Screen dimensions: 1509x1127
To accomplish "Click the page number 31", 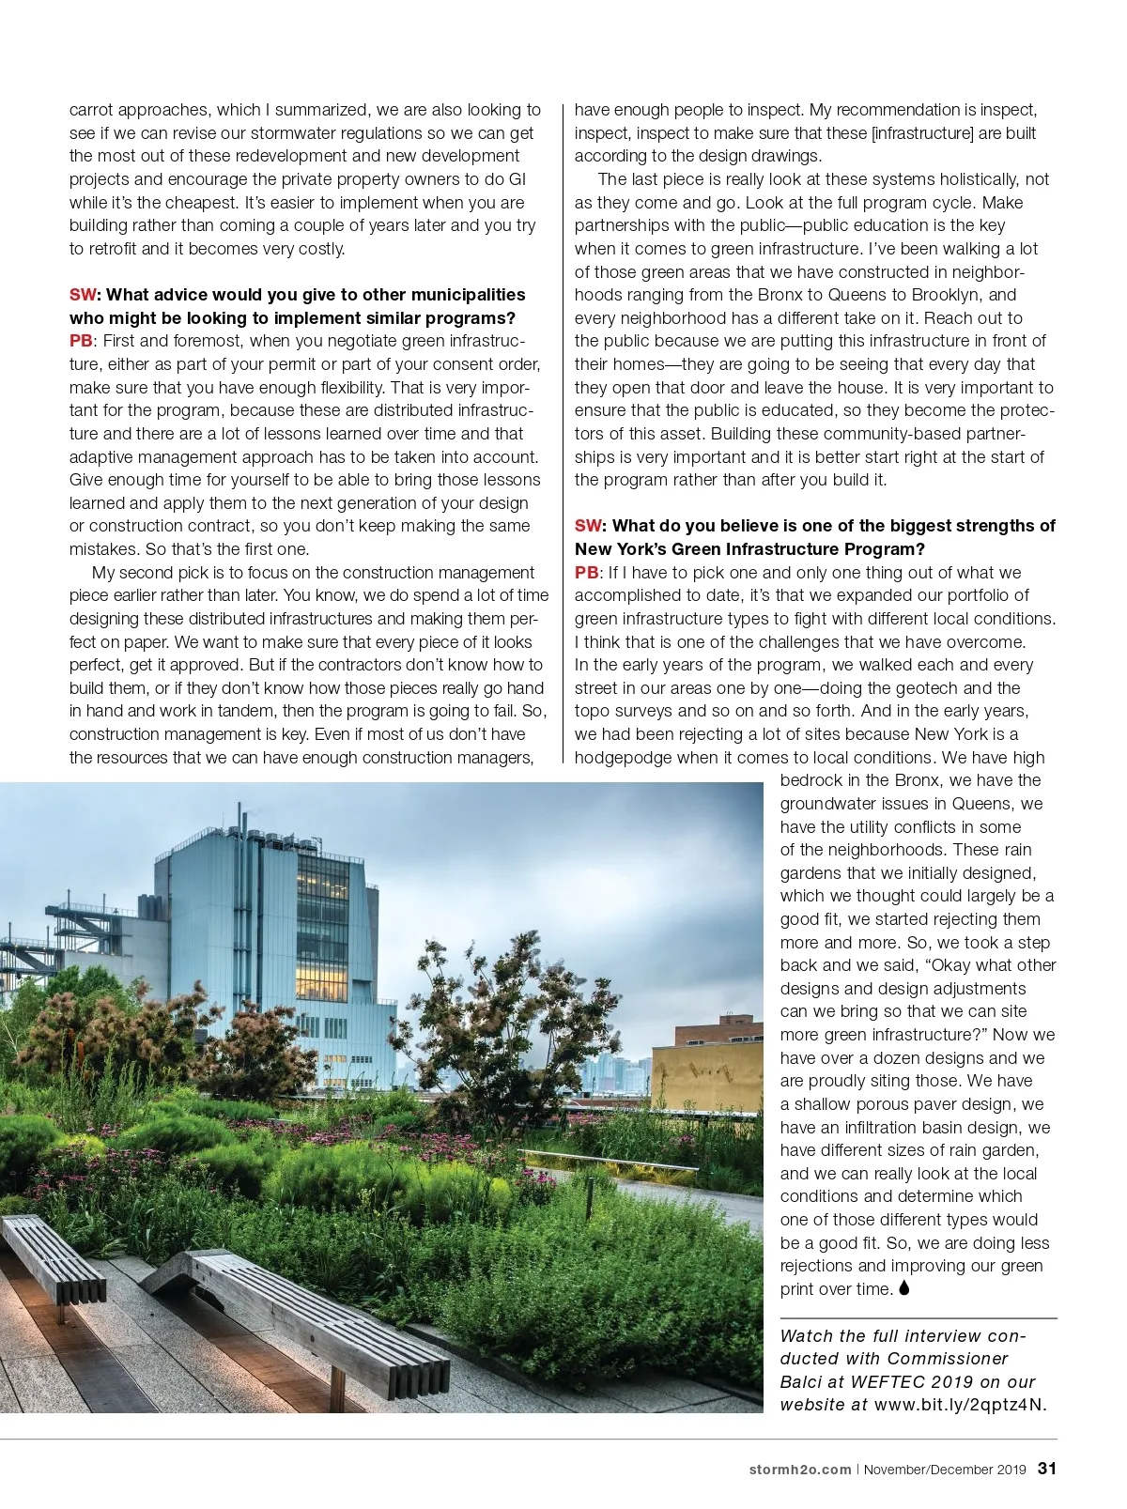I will [1047, 1469].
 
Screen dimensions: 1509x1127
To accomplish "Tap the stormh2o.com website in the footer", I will [800, 1470].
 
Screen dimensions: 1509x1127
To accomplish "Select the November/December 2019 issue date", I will [945, 1470].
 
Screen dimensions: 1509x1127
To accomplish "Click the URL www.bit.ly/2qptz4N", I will [960, 1405].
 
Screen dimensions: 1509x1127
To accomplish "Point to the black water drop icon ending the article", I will [904, 1288].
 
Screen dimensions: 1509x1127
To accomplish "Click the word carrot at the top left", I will [91, 110].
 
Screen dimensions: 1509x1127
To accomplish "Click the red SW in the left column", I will [83, 295].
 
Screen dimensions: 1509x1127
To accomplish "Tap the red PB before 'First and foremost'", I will [81, 341].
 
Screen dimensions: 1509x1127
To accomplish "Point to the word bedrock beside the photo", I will [811, 780].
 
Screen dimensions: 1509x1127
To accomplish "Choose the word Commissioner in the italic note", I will [948, 1359].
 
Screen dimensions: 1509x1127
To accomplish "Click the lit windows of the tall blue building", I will [321, 939].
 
